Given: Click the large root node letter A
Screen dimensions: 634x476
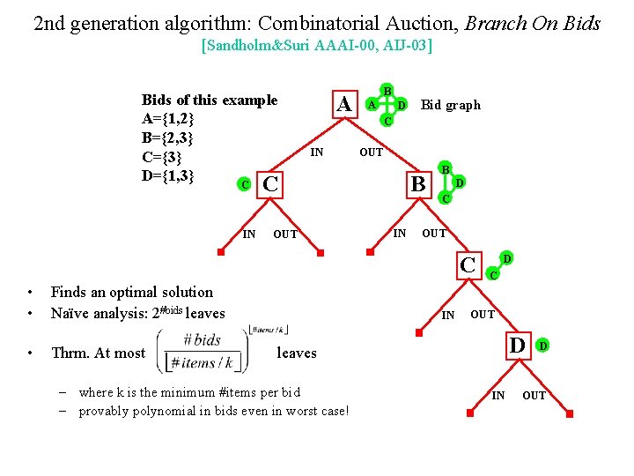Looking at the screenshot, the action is click(x=345, y=104).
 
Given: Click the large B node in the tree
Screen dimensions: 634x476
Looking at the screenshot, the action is click(x=418, y=184).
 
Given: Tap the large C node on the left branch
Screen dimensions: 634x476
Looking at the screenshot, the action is click(x=271, y=184).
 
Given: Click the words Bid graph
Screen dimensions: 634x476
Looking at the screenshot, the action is click(x=451, y=105).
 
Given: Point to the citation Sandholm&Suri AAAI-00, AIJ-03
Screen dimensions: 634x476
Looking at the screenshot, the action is click(x=317, y=45).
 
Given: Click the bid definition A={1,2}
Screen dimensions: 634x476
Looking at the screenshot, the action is click(x=167, y=119).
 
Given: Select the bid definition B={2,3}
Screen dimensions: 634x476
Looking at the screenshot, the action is click(x=167, y=138).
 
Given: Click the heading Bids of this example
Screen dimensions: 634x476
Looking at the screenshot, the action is click(x=210, y=100).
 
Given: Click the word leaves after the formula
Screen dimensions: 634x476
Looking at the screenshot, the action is click(x=297, y=353).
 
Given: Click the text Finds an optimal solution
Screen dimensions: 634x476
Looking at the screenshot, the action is click(x=132, y=292).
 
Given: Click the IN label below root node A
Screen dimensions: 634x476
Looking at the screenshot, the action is click(x=317, y=152).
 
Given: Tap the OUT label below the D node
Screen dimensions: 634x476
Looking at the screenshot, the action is click(x=534, y=396).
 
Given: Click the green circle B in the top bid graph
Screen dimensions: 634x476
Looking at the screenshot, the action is click(x=387, y=89).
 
